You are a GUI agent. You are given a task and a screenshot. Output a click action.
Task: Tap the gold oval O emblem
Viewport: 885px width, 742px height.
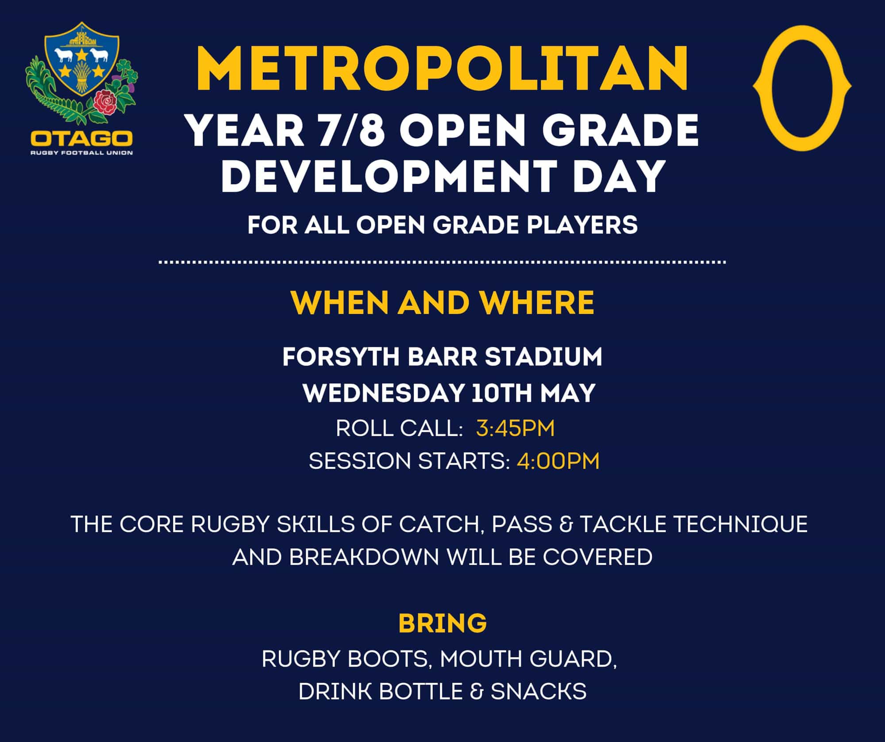click(x=802, y=88)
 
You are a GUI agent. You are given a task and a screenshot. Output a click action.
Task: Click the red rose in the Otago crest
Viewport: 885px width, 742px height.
click(x=105, y=102)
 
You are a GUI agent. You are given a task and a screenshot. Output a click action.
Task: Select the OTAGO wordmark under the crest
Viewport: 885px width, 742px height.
click(x=81, y=138)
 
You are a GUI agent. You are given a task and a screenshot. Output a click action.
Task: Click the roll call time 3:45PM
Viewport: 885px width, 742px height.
click(x=515, y=428)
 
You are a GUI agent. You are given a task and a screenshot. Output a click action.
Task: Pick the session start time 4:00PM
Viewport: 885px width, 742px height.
click(x=558, y=461)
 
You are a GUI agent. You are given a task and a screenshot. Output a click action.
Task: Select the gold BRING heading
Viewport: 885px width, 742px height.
click(x=442, y=623)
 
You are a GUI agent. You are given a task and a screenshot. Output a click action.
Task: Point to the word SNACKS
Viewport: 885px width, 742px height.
click(x=539, y=692)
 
